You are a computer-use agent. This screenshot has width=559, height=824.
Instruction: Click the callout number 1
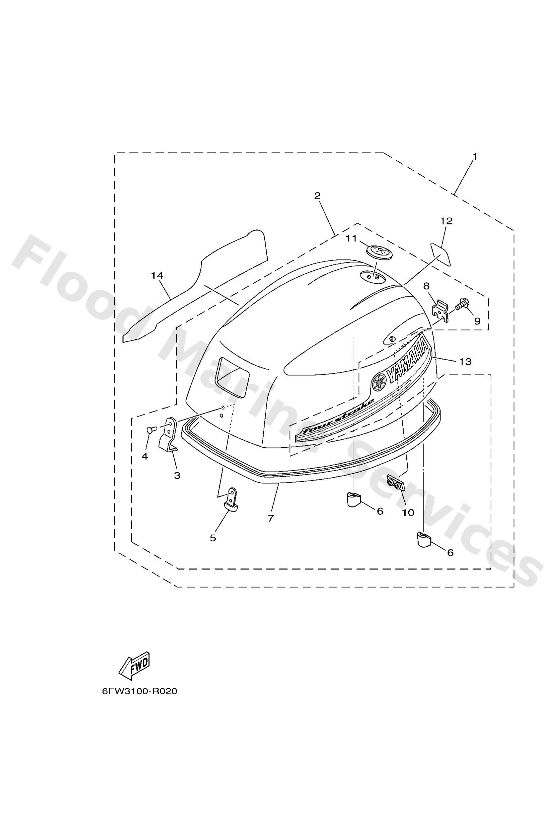pos(475,156)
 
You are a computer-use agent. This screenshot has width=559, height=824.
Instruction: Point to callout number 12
pos(446,221)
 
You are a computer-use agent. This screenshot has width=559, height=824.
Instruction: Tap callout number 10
pos(408,513)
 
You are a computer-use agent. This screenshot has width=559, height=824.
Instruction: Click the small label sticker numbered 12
pos(441,254)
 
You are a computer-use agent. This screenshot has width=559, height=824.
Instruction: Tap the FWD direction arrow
pos(134,666)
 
